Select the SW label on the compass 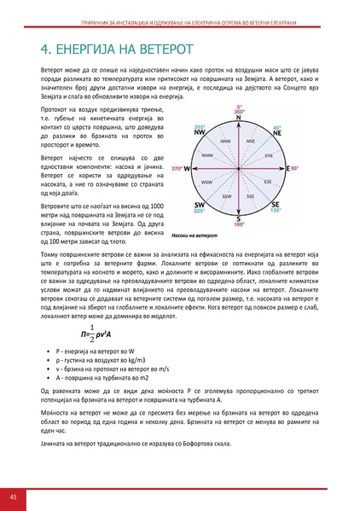click(199, 206)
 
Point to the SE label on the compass click(276, 206)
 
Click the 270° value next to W click(177, 170)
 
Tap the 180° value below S click(239, 225)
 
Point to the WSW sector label click(206, 183)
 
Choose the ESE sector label click(268, 183)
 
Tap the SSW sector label click(225, 197)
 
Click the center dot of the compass click(238, 170)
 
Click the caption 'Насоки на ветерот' click(195, 235)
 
